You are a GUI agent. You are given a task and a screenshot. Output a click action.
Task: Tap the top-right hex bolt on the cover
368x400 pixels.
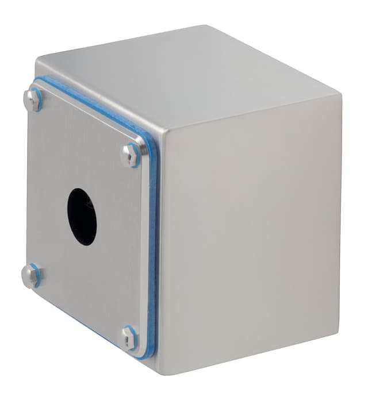[131, 155]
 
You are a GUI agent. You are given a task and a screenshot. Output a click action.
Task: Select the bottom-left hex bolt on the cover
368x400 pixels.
[30, 275]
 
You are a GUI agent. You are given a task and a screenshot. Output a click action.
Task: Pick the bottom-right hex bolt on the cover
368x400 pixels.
[129, 338]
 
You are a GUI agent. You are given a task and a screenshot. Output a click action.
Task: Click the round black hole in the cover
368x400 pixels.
[82, 216]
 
